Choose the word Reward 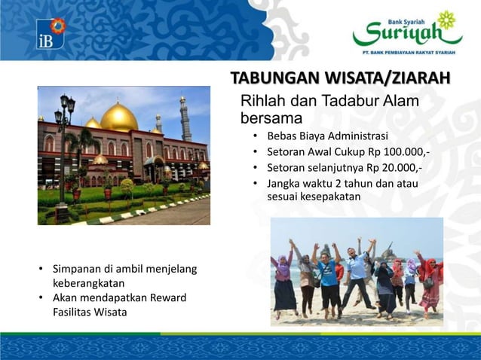click(167, 297)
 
